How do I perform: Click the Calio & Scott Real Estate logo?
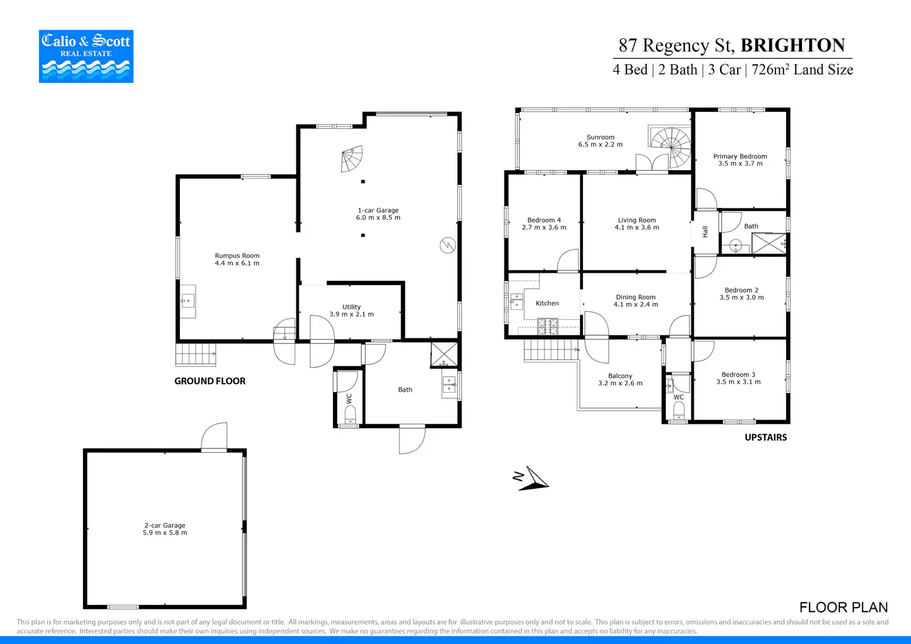pyautogui.click(x=86, y=56)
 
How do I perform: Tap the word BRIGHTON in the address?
pyautogui.click(x=792, y=45)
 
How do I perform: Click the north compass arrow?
pyautogui.click(x=532, y=478)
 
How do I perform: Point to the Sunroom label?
pyautogui.click(x=600, y=137)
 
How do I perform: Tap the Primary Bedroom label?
pyautogui.click(x=740, y=157)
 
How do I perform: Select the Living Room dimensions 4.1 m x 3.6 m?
pyautogui.click(x=637, y=228)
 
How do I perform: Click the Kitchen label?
pyautogui.click(x=547, y=303)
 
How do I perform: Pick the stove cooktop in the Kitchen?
pyautogui.click(x=547, y=326)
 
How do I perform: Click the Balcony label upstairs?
pyautogui.click(x=620, y=376)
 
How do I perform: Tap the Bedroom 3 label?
pyautogui.click(x=738, y=375)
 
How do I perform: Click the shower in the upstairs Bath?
pyautogui.click(x=769, y=244)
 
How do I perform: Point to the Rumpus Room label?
pyautogui.click(x=237, y=255)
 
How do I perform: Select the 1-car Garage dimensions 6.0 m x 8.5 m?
pyautogui.click(x=378, y=218)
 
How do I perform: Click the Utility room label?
pyautogui.click(x=352, y=307)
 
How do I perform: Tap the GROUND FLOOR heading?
pyautogui.click(x=210, y=381)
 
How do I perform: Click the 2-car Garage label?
pyautogui.click(x=165, y=525)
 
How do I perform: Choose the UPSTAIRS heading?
pyautogui.click(x=766, y=437)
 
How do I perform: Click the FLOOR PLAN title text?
pyautogui.click(x=843, y=608)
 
